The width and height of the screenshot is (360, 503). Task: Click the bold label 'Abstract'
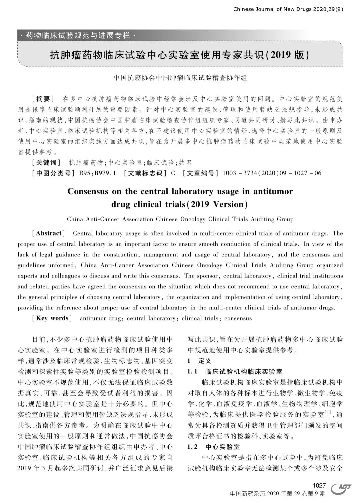(x=49, y=233)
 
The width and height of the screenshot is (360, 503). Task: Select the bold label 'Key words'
(x=52, y=318)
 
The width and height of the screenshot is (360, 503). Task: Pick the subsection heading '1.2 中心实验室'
(x=214, y=447)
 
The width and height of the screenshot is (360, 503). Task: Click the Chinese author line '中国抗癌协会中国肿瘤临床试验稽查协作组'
(x=180, y=78)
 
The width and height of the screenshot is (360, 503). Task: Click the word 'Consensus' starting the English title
(x=88, y=192)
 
